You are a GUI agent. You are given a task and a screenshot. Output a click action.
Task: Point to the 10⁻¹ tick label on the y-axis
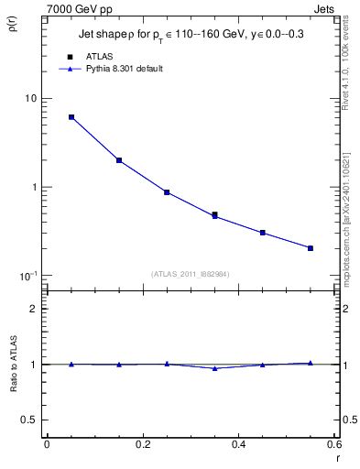(x=27, y=276)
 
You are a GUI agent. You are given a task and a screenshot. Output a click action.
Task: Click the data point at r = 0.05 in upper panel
(x=71, y=117)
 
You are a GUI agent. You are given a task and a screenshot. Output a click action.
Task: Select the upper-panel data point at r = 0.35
(x=215, y=215)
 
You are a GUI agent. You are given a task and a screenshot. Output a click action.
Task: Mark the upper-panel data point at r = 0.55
(x=311, y=248)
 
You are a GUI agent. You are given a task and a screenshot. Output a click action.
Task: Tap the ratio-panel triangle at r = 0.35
(x=215, y=368)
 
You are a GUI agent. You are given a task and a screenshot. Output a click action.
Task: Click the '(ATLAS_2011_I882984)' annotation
(x=191, y=273)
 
